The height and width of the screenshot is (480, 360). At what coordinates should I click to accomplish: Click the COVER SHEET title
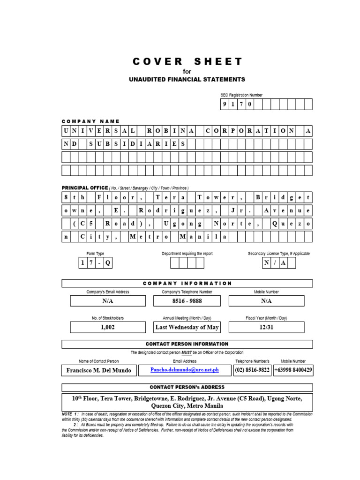coord(187,62)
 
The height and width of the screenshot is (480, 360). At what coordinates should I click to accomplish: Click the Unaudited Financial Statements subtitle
coord(187,79)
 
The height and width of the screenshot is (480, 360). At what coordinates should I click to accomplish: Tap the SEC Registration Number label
coord(241,95)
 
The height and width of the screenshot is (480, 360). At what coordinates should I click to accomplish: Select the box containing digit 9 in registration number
coord(225,104)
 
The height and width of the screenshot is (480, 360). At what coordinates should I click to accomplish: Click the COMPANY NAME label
coord(91,121)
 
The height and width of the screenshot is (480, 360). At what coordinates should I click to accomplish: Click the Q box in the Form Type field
coord(108,263)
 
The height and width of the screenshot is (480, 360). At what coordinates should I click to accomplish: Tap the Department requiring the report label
coord(187,254)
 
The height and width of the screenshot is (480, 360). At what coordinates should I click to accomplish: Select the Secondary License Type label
coord(278,254)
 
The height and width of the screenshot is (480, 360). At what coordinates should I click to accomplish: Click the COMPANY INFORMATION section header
coord(187,283)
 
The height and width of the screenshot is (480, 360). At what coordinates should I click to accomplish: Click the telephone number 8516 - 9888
coord(187,301)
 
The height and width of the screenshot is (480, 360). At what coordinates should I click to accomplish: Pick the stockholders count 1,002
coord(108,327)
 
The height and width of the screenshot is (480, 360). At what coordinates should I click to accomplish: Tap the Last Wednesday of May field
coord(187,327)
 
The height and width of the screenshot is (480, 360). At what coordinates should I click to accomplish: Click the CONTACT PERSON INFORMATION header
coord(187,344)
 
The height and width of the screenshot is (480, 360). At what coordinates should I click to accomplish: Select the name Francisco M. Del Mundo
coord(99,370)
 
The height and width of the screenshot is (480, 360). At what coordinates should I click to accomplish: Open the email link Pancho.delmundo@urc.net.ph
coord(185,370)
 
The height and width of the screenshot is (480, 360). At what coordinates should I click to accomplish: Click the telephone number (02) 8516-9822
coord(252,370)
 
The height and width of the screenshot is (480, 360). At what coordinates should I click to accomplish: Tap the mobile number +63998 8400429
coord(293,370)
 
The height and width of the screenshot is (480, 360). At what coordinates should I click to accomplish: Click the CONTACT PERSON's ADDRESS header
coord(187,387)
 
